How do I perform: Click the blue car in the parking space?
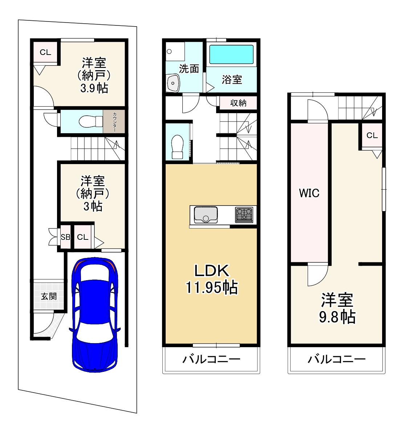point(94,315)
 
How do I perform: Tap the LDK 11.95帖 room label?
point(212,279)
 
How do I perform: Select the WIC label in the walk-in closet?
point(309,193)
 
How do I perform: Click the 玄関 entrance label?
point(49,296)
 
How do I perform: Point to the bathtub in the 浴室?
point(231,55)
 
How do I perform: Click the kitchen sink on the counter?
point(206,215)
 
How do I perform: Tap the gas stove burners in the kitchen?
point(244,215)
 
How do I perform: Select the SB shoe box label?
point(65,237)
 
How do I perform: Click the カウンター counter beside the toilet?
point(114,122)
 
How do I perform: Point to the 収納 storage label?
point(238,103)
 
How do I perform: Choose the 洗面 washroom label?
point(189,69)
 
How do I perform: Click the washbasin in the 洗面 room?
point(173,83)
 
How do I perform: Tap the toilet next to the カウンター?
point(91,121)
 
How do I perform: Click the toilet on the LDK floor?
point(177,147)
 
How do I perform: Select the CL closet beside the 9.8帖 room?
point(372,135)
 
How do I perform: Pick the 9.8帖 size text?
point(337,317)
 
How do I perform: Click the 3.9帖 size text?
point(94,88)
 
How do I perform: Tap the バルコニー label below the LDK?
point(211,359)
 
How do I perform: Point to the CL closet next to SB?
point(83,237)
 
